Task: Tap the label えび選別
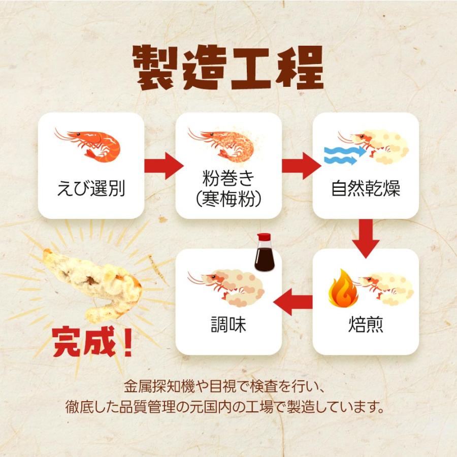[x=91, y=189]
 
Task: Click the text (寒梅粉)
[x=228, y=198]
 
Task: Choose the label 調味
[x=228, y=325]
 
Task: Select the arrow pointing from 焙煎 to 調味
[x=293, y=303]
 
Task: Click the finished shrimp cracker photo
[x=91, y=282]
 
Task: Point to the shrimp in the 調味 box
[x=223, y=287]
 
